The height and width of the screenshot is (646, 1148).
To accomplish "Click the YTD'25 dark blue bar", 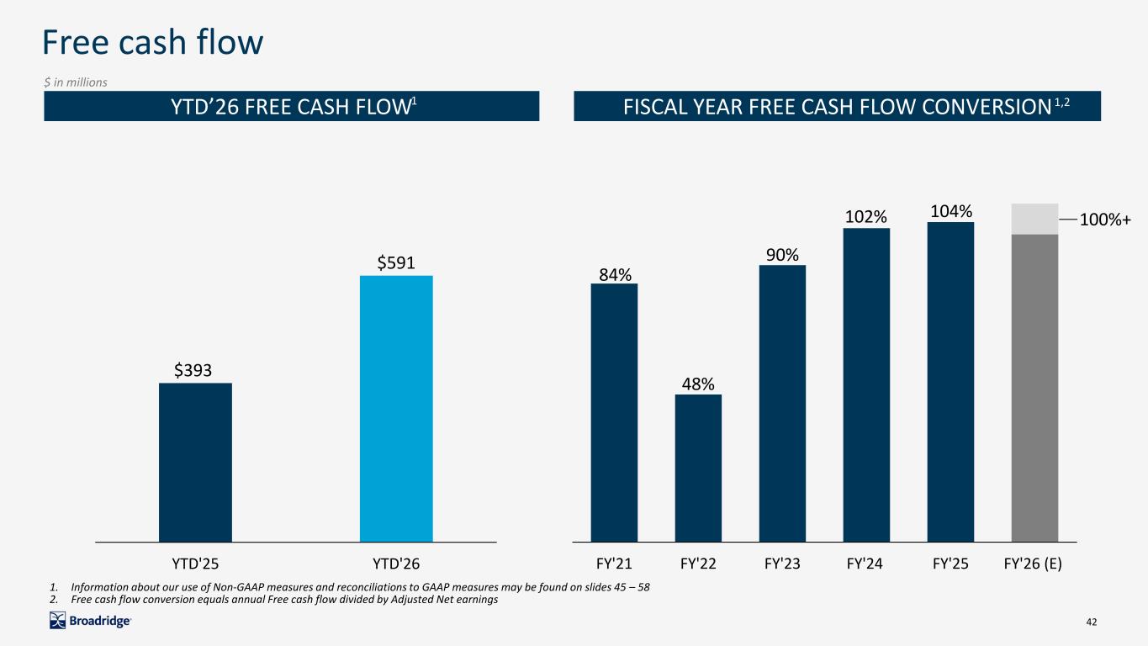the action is coord(195,463).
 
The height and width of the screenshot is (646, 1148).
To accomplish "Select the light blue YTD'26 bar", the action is coord(396,409).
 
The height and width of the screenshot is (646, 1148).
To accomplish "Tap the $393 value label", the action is coord(193,370).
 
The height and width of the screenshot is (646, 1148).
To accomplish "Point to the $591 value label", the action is coord(395,263).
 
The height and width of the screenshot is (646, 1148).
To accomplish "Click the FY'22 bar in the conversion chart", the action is coord(698,468).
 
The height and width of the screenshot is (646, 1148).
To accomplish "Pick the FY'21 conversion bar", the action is coord(614,413).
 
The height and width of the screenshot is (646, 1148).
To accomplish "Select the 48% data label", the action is coord(698,384).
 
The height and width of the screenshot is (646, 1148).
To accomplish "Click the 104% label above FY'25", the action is coord(951,211).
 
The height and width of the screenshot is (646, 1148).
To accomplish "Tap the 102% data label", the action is coord(866,217).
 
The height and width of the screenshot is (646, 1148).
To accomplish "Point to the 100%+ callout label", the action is coord(1105,220).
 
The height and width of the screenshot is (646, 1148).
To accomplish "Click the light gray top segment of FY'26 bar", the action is coord(1034,219).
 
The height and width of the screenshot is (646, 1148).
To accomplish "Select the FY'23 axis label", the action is coord(782,564).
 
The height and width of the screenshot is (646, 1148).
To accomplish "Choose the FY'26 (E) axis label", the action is coord(1033,564).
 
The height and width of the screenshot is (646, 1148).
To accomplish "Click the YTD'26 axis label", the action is coord(396,564).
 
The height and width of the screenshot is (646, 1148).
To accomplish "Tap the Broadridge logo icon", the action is coord(57,621).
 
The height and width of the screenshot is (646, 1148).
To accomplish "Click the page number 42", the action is coord(1092,622).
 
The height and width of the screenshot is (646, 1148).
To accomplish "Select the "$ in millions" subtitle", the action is coord(76,82).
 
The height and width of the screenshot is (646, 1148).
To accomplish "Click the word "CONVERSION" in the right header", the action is coord(987,107).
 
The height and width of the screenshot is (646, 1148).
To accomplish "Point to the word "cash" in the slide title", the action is coord(151,42).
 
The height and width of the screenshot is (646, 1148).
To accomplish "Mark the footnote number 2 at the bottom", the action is coord(53,600).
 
